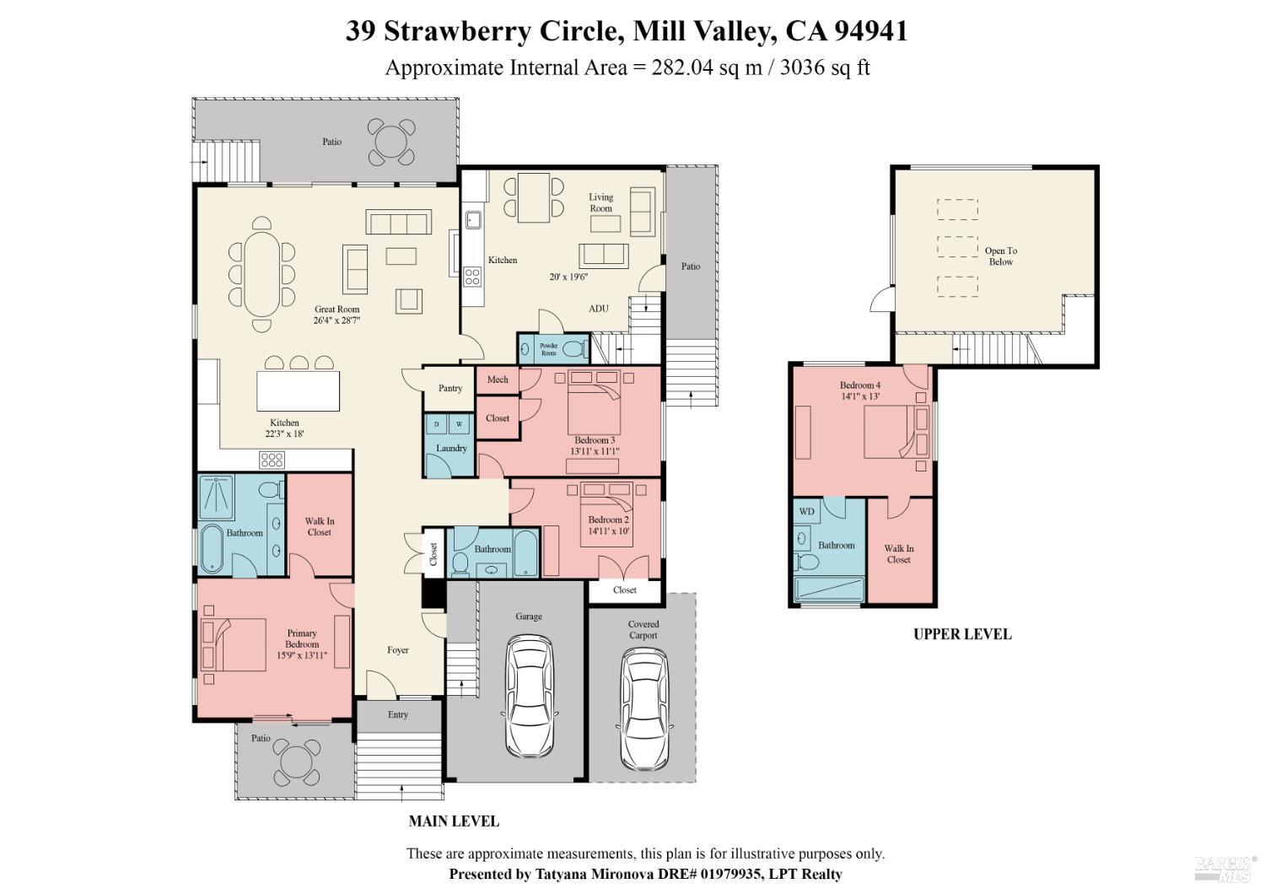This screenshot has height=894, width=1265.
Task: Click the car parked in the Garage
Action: [x=532, y=696]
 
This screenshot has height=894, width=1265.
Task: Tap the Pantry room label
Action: [x=450, y=388]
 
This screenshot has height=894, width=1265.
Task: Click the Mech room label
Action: [x=498, y=380]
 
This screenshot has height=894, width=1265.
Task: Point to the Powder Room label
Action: [x=549, y=349]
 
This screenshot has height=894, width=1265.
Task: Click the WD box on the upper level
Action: [x=806, y=511]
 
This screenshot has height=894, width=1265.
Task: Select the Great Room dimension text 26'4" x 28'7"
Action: [x=337, y=321]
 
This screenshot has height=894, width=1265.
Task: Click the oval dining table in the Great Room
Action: [x=261, y=272]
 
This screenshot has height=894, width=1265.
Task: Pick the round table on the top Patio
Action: [x=391, y=142]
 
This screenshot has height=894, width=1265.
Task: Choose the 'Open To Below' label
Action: [x=1001, y=256]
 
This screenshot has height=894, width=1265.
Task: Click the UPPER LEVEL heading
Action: [x=962, y=634]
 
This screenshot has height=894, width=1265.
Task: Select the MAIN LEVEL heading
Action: [x=454, y=821]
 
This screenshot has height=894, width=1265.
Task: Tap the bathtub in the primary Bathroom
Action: [x=213, y=550]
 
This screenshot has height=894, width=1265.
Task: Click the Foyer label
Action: [x=398, y=650]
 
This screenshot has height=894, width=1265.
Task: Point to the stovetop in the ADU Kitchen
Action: [x=471, y=273]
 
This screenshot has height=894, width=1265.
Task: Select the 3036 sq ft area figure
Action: [x=825, y=67]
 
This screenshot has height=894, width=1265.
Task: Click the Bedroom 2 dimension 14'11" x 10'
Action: [x=608, y=531]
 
